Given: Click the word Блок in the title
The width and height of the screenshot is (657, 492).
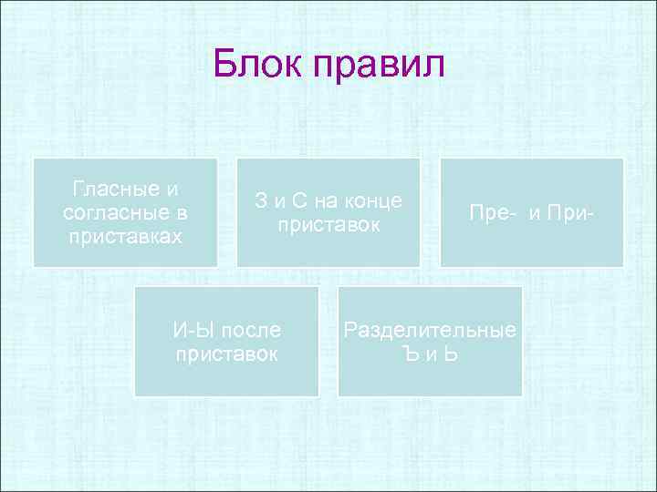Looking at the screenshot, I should pyautogui.click(x=256, y=66).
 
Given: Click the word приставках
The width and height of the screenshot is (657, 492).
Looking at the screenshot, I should pyautogui.click(x=125, y=236).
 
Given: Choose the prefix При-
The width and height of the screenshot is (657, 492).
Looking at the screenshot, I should pyautogui.click(x=571, y=213).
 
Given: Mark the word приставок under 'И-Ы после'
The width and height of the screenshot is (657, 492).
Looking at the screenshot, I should pyautogui.click(x=227, y=354).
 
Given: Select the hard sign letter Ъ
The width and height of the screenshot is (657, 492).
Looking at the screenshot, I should pyautogui.click(x=410, y=354).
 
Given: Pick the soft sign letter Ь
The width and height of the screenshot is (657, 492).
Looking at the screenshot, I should pyautogui.click(x=450, y=354).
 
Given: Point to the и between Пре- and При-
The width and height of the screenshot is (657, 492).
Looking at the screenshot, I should pyautogui.click(x=535, y=213).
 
